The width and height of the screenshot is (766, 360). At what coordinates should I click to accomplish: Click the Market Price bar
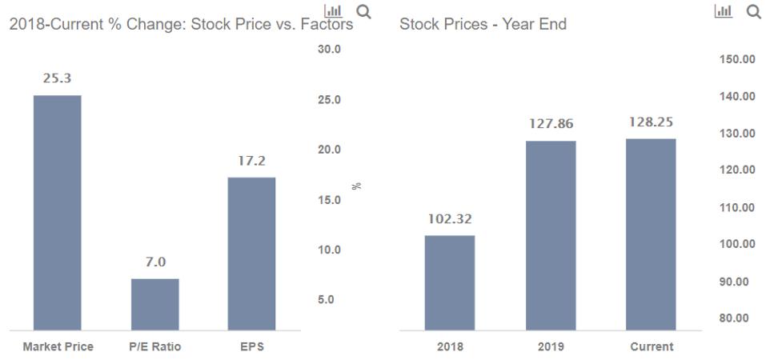[x=57, y=212]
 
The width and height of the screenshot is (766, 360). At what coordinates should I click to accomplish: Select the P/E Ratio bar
[x=154, y=304]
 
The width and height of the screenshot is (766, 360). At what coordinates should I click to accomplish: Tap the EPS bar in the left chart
[x=251, y=253]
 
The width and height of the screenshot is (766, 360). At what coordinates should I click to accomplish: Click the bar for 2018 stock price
[x=450, y=282]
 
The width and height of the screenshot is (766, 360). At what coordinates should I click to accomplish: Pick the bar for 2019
[x=551, y=235]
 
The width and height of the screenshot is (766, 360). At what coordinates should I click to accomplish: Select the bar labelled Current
[x=651, y=234]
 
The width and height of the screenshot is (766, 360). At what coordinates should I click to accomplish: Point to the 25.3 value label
[x=57, y=78]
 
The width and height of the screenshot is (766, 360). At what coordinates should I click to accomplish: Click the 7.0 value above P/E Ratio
[x=154, y=262]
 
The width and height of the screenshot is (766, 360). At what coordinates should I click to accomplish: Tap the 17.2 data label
[x=251, y=161]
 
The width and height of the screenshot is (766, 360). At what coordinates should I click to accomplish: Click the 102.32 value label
[x=450, y=218]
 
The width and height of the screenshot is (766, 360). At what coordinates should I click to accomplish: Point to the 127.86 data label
[x=551, y=124]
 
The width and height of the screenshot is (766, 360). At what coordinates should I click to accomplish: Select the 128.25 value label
[x=651, y=122]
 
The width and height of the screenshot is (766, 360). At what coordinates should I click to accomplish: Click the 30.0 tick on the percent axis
[x=330, y=50]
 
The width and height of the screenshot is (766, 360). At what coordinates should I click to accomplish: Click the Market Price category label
[x=58, y=346]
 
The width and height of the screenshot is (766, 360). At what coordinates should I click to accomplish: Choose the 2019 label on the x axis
[x=551, y=346]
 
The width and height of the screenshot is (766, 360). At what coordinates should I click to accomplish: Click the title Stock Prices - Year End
[x=483, y=25]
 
